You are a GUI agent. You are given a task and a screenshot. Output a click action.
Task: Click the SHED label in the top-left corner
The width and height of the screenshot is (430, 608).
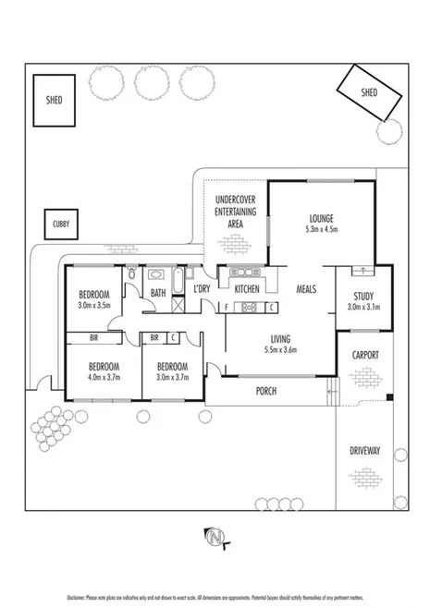(54, 100)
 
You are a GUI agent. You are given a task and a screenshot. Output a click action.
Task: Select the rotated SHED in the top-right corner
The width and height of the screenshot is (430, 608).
(369, 93)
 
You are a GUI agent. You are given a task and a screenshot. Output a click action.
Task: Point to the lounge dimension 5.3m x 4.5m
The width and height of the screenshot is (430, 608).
(322, 228)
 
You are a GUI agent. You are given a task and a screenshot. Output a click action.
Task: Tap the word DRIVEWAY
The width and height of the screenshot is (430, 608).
(365, 451)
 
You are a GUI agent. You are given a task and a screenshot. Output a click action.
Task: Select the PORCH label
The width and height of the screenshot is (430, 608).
(266, 391)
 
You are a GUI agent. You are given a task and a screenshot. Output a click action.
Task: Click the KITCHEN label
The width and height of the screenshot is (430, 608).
(247, 289)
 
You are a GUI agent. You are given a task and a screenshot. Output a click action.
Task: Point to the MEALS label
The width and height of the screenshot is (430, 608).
(306, 289)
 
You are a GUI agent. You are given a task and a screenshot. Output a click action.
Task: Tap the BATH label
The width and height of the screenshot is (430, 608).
(158, 294)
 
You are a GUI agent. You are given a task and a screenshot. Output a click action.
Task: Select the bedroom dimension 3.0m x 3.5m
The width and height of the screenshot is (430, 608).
(93, 304)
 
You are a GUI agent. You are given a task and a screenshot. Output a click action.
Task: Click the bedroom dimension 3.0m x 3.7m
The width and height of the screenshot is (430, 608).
(173, 377)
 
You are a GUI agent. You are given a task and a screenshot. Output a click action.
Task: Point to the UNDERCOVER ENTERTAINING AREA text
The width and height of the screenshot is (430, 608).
(235, 212)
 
